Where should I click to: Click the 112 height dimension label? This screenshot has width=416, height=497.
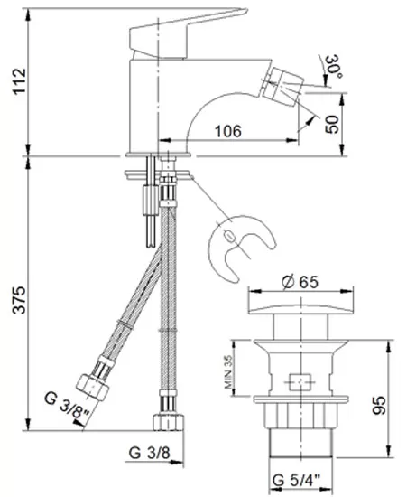click(20, 80)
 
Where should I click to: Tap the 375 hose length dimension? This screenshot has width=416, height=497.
click(20, 300)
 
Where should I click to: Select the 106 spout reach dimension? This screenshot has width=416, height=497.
click(228, 131)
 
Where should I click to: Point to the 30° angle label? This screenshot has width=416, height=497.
click(333, 67)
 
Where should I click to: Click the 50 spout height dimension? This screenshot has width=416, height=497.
click(332, 125)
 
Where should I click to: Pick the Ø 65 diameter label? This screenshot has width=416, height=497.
click(300, 281)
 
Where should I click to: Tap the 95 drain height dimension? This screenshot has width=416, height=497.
click(379, 405)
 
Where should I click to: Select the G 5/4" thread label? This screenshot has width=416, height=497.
click(297, 481)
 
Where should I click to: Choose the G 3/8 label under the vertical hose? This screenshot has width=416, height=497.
click(149, 453)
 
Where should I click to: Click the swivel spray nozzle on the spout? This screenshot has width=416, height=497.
click(282, 84)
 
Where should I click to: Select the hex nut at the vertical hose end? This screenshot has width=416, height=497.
click(168, 422)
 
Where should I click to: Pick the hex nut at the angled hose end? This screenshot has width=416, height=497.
click(92, 388)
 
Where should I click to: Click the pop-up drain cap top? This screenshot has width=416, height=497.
click(300, 309)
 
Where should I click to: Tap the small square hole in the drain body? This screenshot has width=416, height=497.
click(300, 382)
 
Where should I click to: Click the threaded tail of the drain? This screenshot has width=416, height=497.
click(300, 443)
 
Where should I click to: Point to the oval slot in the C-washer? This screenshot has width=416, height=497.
click(230, 236)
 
